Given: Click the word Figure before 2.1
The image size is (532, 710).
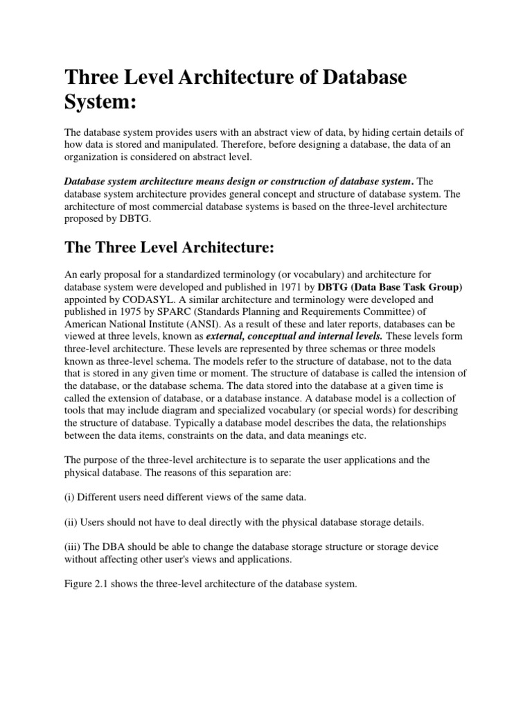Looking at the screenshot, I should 80,584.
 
